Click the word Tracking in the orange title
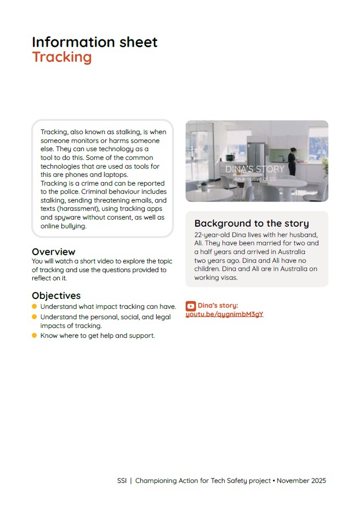tap(62, 57)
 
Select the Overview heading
tap(54, 252)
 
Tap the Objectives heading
tap(56, 296)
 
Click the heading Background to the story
tap(252, 223)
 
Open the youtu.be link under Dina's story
tap(225, 314)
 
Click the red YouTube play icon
tap(191, 306)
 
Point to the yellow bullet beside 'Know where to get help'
tap(35, 335)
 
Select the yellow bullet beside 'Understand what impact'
tap(35, 307)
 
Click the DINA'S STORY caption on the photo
tap(255, 169)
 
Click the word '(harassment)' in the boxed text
tap(67, 209)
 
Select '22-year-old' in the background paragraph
tap(211, 235)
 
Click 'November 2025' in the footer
tap(301, 481)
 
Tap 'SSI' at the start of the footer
tap(122, 481)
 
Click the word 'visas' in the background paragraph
tap(230, 278)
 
